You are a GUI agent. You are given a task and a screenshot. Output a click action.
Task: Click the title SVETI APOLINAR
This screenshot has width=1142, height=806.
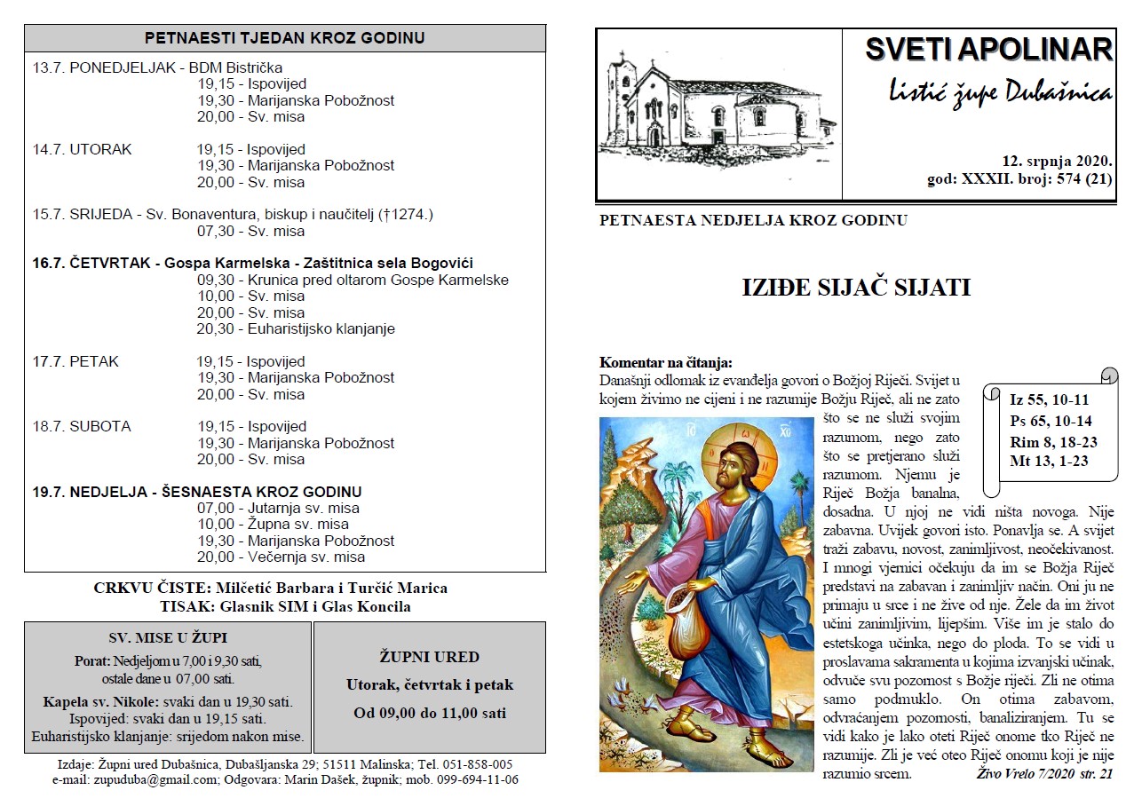coord(987,50)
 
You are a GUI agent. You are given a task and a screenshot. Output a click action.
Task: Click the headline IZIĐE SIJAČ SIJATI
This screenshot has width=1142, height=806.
coord(855,288)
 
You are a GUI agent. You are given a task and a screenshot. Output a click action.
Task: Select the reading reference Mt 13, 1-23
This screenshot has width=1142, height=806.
coord(1049,460)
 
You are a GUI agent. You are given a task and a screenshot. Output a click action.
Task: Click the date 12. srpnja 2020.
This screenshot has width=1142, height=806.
coord(1057,162)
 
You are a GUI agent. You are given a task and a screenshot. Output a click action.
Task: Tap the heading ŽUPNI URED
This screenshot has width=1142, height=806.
coord(429,658)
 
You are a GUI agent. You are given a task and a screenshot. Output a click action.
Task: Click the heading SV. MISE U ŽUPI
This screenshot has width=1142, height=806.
coord(168,637)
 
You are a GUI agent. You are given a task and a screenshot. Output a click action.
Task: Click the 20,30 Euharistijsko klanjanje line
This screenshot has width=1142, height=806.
coord(296,328)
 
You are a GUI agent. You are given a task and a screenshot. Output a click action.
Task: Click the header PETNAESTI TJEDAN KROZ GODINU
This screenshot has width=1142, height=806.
coord(284,38)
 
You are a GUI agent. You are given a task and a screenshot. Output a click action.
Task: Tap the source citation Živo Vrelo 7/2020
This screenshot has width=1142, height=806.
coord(1027,774)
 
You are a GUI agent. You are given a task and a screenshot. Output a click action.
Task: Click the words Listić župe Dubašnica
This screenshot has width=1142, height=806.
coord(999,91)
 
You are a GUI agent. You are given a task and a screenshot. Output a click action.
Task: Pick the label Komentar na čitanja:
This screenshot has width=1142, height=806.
coord(666,362)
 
